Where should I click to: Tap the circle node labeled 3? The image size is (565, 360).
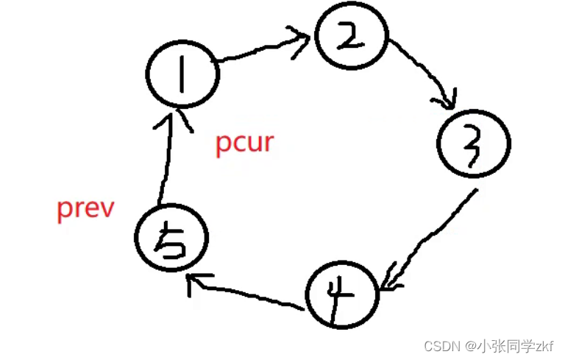click(474, 145)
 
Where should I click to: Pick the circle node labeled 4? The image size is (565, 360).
click(341, 294)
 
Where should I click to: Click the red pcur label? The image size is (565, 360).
click(244, 142)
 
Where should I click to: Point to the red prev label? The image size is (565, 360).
click(86, 208)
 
